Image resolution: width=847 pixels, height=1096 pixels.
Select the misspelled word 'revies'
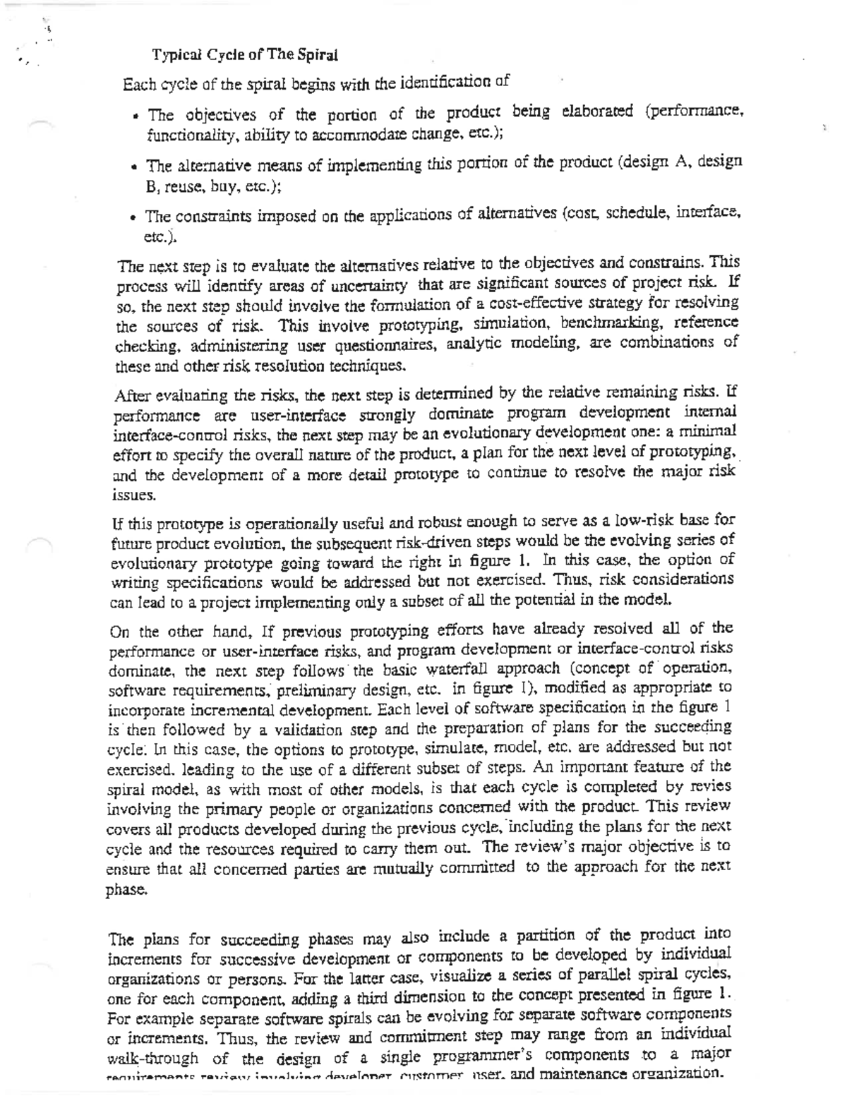(711, 786)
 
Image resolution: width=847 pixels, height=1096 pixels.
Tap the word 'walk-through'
(152, 1059)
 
